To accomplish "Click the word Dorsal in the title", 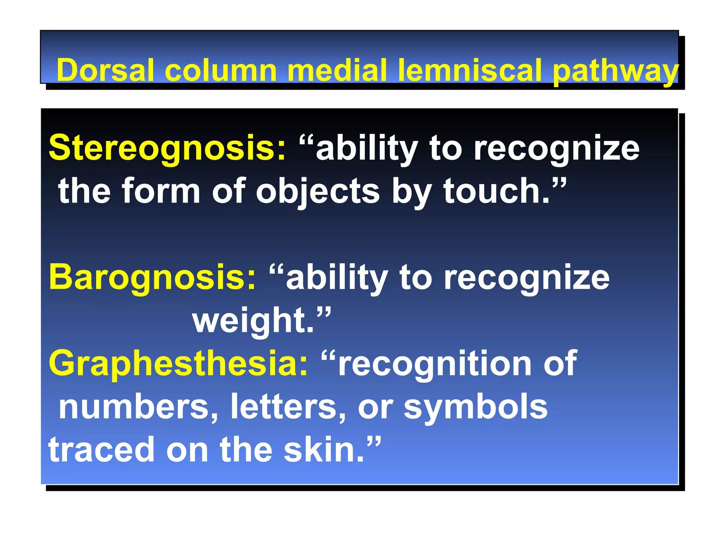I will (x=105, y=70).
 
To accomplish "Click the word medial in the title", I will (x=337, y=70).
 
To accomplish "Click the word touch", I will (x=495, y=191).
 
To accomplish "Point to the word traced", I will (x=101, y=450).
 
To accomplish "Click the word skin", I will (x=323, y=450).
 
